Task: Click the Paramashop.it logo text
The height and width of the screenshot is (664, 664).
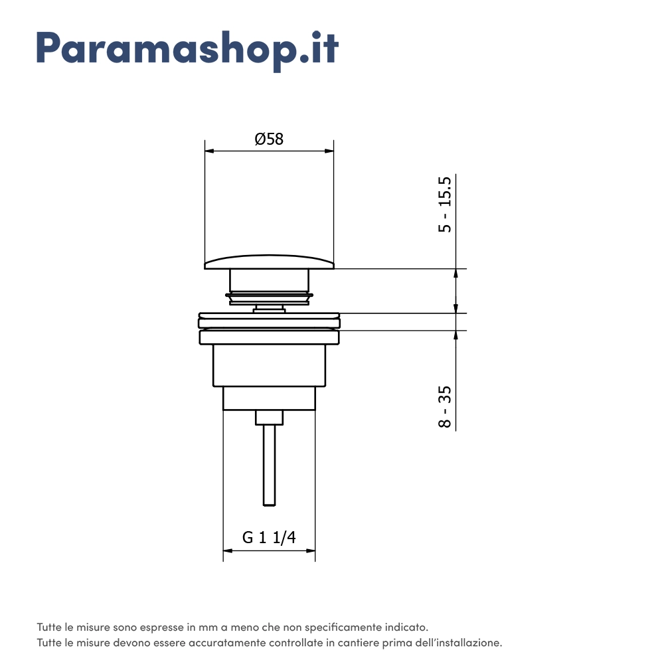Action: pyautogui.click(x=188, y=50)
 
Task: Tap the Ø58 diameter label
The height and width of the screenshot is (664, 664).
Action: pyautogui.click(x=269, y=139)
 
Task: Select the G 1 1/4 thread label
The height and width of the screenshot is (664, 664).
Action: pyautogui.click(x=269, y=537)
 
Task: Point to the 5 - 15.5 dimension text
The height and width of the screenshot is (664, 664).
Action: pyautogui.click(x=445, y=205)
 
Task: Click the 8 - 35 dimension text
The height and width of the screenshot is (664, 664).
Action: pyautogui.click(x=445, y=406)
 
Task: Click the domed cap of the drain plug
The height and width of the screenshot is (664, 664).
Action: pyautogui.click(x=270, y=262)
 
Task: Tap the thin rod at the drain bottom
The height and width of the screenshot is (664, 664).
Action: pyautogui.click(x=269, y=465)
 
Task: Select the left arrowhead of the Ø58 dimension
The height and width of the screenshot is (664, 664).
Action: pyautogui.click(x=210, y=151)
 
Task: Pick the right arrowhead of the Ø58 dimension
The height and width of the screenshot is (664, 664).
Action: pyautogui.click(x=329, y=151)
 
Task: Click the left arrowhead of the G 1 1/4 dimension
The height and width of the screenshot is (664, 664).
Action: pyautogui.click(x=228, y=550)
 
